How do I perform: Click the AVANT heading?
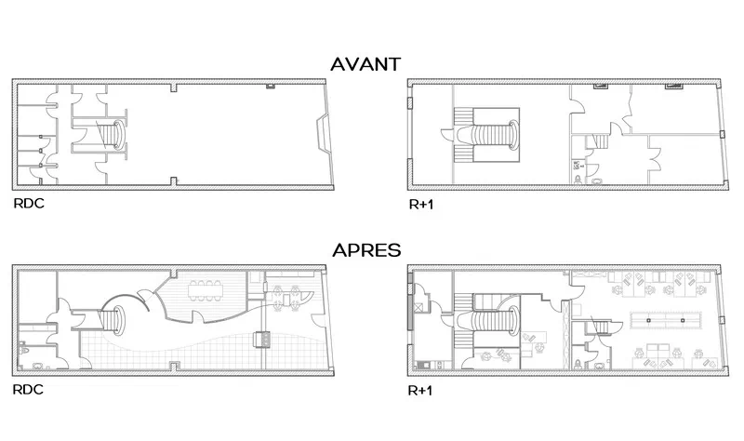point(365,64)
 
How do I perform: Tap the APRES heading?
point(366,250)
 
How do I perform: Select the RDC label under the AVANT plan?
point(29,203)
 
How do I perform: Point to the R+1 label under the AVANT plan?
point(421,205)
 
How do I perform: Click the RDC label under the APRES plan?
point(28,389)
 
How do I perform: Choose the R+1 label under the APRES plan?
point(420,390)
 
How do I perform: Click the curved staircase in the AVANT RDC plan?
point(114,135)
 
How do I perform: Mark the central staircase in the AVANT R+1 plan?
point(486,135)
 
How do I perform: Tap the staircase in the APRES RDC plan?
point(113,321)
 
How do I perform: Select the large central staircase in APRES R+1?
point(486,321)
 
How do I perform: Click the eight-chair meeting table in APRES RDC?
point(205,290)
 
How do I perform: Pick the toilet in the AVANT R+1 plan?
point(578,179)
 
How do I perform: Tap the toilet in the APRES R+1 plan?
point(578,365)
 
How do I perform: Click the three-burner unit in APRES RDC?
point(262,339)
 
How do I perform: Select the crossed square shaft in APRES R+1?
point(419,307)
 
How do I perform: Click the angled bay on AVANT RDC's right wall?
point(323,134)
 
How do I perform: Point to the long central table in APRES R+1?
point(666,320)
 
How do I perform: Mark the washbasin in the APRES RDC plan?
point(38,367)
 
